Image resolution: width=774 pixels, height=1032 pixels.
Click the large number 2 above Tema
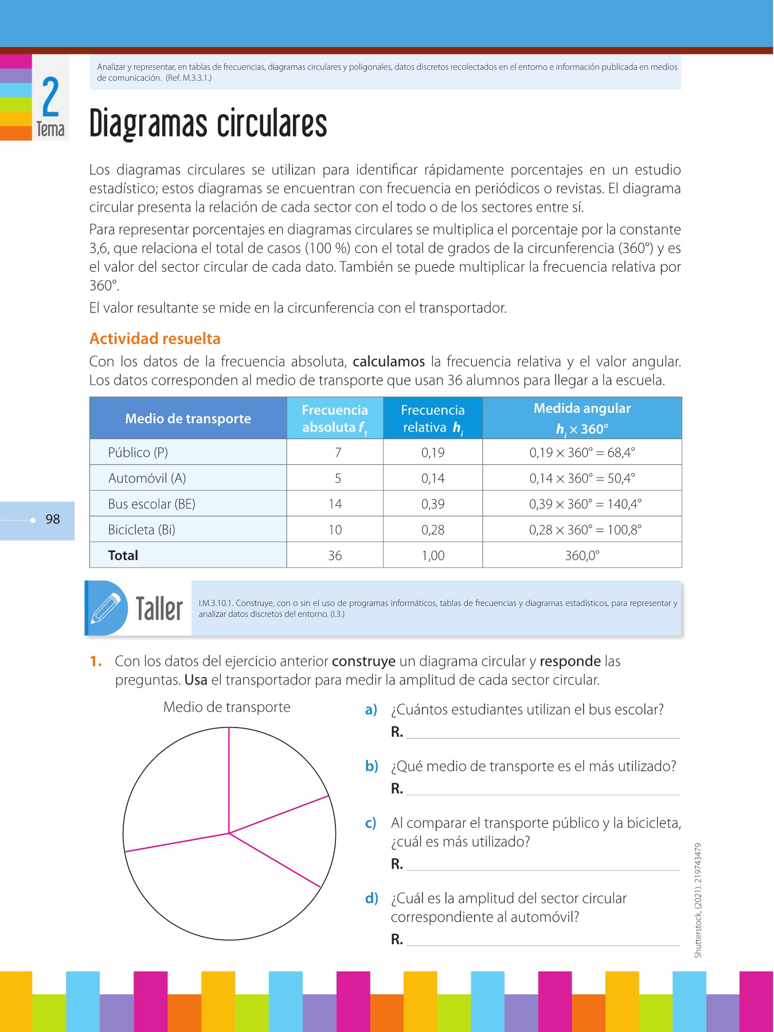(x=50, y=97)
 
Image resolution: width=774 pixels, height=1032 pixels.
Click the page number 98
(x=53, y=519)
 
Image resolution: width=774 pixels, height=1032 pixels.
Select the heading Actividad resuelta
(x=155, y=339)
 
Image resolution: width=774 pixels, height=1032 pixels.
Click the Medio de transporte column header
(x=188, y=419)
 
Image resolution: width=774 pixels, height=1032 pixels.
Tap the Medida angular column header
(x=582, y=418)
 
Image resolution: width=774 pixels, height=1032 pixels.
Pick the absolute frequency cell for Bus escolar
(x=335, y=504)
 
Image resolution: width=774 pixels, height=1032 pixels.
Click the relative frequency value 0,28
(x=433, y=530)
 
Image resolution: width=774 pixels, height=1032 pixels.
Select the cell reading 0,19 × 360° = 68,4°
(x=582, y=452)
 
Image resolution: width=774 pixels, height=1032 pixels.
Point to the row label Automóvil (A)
(x=147, y=478)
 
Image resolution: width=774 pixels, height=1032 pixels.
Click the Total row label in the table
(x=123, y=555)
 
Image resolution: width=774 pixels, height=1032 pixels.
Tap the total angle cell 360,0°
(x=582, y=555)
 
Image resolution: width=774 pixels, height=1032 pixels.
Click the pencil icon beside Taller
(x=107, y=608)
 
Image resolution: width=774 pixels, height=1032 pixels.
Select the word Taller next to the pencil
(x=159, y=608)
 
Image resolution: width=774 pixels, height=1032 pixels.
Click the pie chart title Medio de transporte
(x=226, y=707)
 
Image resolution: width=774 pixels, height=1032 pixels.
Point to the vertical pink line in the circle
(x=229, y=780)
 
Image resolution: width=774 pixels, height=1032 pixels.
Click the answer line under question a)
(x=542, y=737)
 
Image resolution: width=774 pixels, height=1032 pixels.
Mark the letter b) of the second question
(x=372, y=766)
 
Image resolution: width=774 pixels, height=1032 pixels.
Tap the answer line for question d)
(x=542, y=944)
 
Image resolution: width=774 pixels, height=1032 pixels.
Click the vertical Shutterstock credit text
(x=698, y=900)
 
